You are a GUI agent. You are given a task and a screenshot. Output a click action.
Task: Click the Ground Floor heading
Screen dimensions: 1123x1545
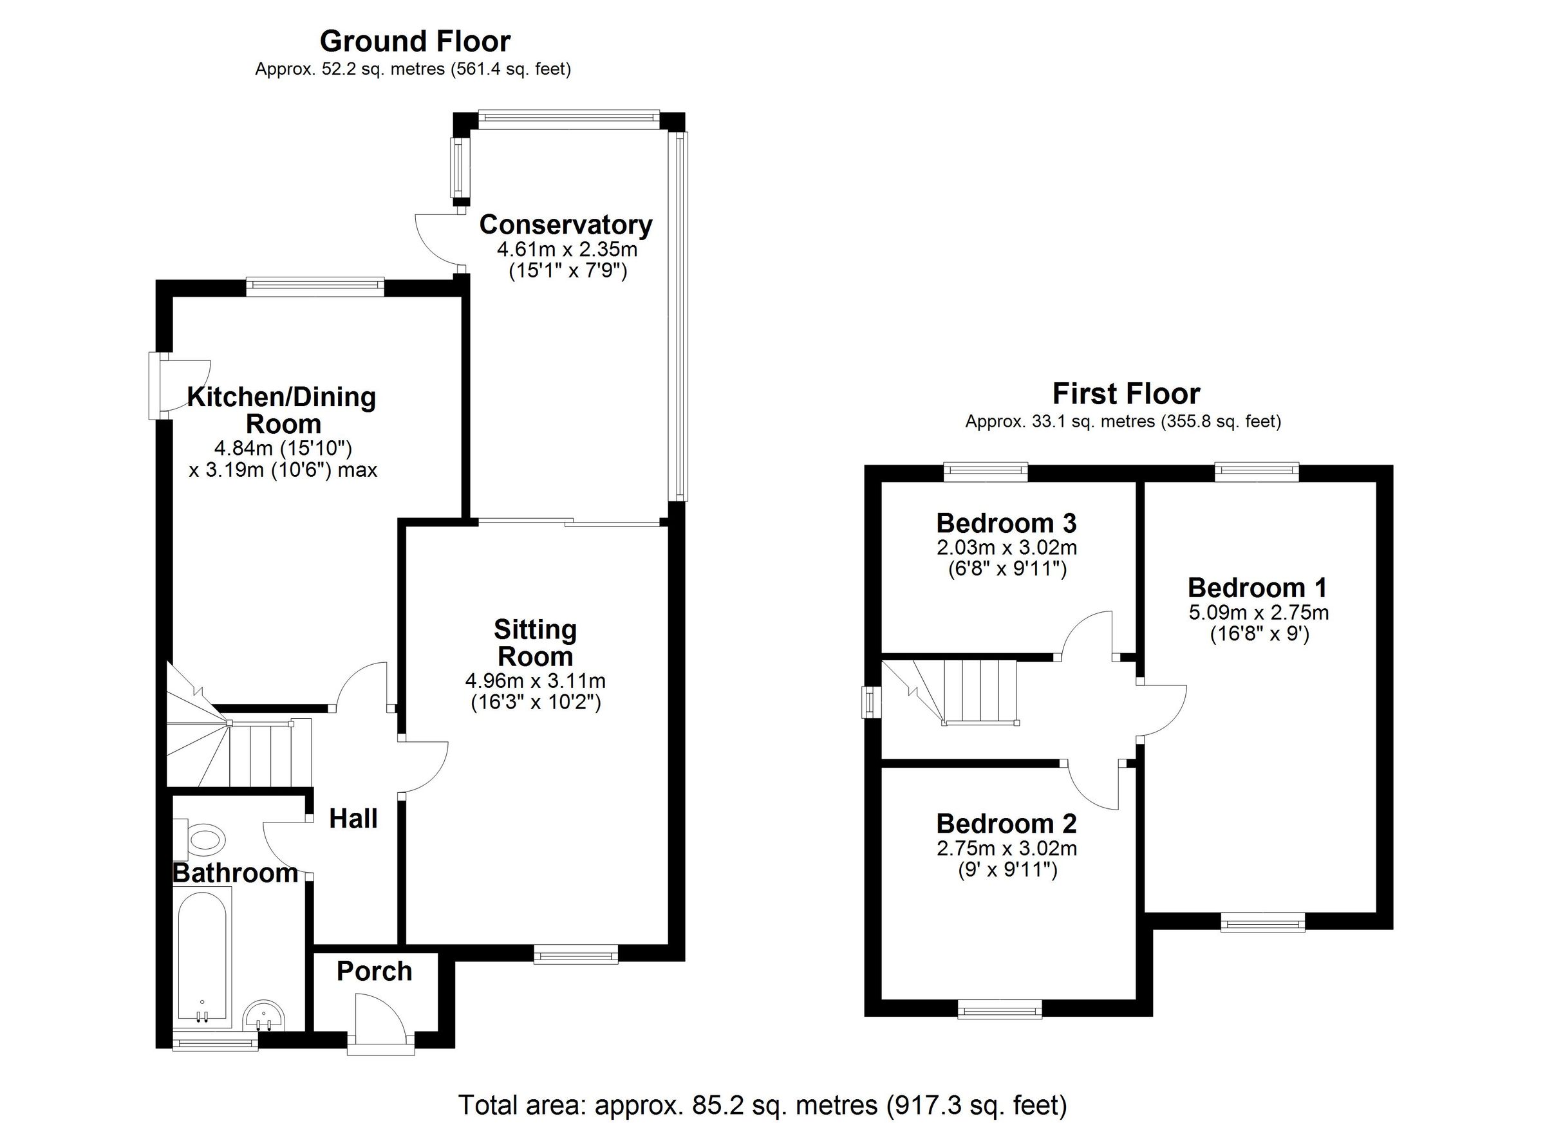(415, 42)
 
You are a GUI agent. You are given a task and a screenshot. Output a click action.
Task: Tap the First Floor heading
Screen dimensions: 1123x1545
(1126, 394)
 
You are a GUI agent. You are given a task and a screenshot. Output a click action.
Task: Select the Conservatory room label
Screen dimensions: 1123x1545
(565, 224)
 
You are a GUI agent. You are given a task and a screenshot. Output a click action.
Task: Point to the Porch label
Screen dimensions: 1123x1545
(374, 971)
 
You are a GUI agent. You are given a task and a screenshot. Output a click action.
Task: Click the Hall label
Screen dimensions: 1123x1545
(353, 819)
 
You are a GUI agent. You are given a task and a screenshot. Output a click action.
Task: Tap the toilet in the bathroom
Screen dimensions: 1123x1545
(204, 839)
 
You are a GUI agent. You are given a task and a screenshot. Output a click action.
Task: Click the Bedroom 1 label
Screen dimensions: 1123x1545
(1257, 587)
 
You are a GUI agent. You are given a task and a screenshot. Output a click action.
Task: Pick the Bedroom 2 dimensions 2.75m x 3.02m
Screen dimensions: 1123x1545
(1006, 849)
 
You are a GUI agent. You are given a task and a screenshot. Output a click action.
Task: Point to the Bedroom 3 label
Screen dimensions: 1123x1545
(1006, 523)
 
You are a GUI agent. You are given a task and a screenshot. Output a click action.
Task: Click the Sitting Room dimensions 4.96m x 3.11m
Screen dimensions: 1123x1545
(535, 680)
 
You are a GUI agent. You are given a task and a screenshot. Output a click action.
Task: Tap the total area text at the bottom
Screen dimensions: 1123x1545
(762, 1104)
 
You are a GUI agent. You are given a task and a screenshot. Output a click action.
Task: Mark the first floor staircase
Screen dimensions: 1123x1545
(953, 692)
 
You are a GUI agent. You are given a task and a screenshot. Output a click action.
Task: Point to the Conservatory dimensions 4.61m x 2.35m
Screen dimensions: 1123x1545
(566, 248)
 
